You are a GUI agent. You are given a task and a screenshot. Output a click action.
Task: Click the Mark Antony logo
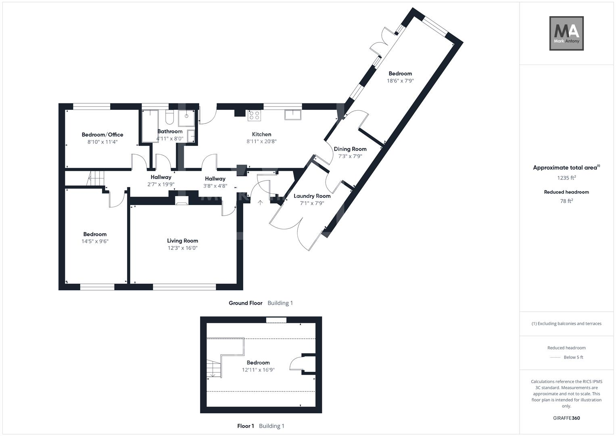(566, 34)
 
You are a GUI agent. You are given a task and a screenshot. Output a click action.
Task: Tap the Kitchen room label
(261, 134)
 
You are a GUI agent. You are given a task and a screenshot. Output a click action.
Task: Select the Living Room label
(182, 241)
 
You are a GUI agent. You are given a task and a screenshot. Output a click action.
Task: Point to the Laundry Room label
(312, 196)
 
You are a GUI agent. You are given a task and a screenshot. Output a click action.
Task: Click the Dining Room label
(350, 149)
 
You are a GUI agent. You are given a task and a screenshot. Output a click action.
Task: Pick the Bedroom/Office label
(102, 135)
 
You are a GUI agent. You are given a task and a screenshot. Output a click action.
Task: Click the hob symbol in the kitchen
(254, 115)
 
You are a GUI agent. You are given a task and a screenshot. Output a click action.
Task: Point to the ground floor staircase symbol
(96, 178)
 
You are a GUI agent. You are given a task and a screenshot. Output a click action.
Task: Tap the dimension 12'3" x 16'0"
(182, 248)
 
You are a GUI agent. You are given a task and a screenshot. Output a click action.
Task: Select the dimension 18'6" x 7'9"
(400, 81)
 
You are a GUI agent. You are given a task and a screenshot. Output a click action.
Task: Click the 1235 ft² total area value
(566, 178)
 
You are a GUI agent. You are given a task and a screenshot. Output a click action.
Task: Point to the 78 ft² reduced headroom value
(566, 201)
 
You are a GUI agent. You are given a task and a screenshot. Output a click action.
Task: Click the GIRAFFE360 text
(566, 418)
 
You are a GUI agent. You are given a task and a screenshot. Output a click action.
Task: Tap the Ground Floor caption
(245, 303)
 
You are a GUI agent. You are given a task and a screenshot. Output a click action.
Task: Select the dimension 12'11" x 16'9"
(258, 370)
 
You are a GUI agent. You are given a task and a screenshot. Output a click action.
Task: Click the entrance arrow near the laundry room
(260, 203)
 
